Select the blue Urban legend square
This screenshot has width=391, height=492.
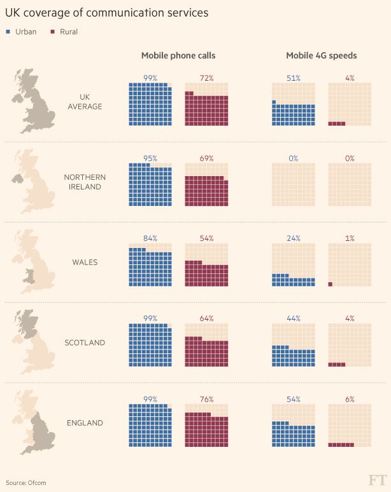(x=8, y=32)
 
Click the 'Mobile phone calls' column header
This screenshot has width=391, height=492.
(x=178, y=56)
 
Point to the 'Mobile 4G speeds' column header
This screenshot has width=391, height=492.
(x=322, y=56)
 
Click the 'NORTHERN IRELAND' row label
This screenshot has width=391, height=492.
(x=85, y=182)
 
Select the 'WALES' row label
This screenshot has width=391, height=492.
(x=85, y=262)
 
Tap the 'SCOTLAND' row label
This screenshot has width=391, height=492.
(x=85, y=343)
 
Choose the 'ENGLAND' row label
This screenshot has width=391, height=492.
(x=85, y=423)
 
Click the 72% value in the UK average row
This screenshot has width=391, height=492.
(x=206, y=78)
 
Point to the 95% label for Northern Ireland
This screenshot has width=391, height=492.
(x=150, y=158)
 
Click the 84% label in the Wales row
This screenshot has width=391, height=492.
(x=150, y=238)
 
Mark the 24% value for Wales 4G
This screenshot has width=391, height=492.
(x=293, y=238)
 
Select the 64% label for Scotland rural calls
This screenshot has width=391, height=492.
(x=206, y=318)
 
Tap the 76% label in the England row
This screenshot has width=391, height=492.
(x=206, y=399)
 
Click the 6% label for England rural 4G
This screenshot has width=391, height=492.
(x=350, y=399)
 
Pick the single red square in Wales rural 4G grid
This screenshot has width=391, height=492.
(x=331, y=284)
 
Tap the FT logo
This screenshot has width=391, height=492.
(x=377, y=480)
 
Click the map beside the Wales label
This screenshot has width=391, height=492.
(x=32, y=262)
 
